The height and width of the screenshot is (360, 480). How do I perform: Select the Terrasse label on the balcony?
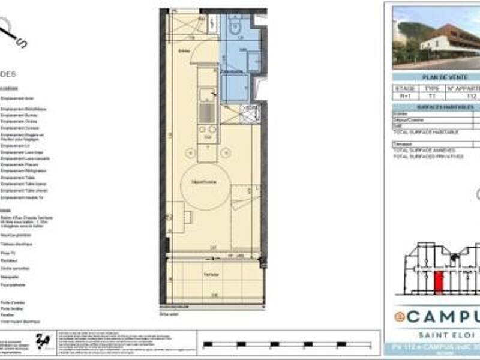point(209,274)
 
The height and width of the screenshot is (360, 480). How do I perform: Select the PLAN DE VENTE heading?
point(436,77)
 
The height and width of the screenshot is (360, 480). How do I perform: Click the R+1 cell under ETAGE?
point(404,96)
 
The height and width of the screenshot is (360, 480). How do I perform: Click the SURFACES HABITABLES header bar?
point(436,107)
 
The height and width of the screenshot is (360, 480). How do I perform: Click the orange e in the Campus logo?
point(398,316)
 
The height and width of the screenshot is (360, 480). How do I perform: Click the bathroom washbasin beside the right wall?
point(253,59)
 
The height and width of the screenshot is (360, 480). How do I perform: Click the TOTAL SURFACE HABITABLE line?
point(425,131)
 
